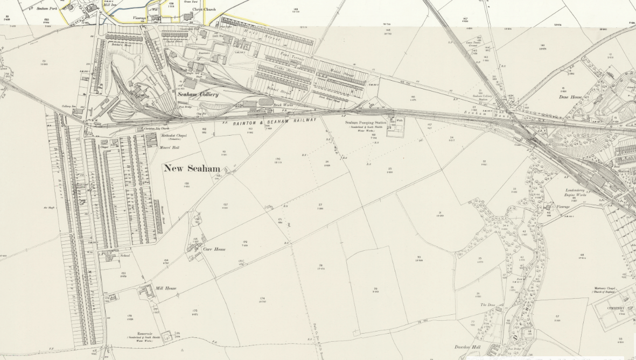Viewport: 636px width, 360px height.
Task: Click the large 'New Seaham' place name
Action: pyautogui.click(x=192, y=168)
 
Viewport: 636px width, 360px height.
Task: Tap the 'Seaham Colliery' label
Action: pyautogui.click(x=198, y=94)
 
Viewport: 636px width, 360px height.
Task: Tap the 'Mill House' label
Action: pyautogui.click(x=166, y=288)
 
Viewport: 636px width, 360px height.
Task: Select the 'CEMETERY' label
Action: pyautogui.click(x=614, y=308)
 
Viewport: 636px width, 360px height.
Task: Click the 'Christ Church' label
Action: pyautogui.click(x=192, y=9)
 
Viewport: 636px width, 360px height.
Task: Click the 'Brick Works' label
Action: pyautogui.click(x=282, y=104)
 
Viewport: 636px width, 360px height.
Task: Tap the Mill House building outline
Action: pyautogui.click(x=145, y=292)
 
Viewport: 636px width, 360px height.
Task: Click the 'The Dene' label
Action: pyautogui.click(x=487, y=305)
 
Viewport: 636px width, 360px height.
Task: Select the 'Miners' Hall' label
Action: pyautogui.click(x=169, y=147)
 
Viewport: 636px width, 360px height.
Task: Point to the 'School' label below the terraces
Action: pyautogui.click(x=125, y=256)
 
